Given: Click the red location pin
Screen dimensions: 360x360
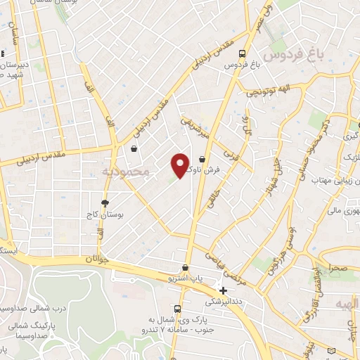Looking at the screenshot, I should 180,165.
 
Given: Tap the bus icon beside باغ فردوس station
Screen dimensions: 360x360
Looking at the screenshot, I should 241,53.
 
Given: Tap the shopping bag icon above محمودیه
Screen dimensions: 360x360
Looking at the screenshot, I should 134,148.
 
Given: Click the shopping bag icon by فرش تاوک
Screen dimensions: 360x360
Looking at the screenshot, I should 202,160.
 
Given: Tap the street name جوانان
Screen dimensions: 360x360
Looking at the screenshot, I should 98,259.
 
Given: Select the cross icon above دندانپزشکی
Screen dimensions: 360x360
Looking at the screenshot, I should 223,290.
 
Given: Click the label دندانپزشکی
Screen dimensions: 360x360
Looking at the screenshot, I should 223,301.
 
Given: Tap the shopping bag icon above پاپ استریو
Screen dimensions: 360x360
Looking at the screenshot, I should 185,267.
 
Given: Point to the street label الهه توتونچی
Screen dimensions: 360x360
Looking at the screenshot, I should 271,90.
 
